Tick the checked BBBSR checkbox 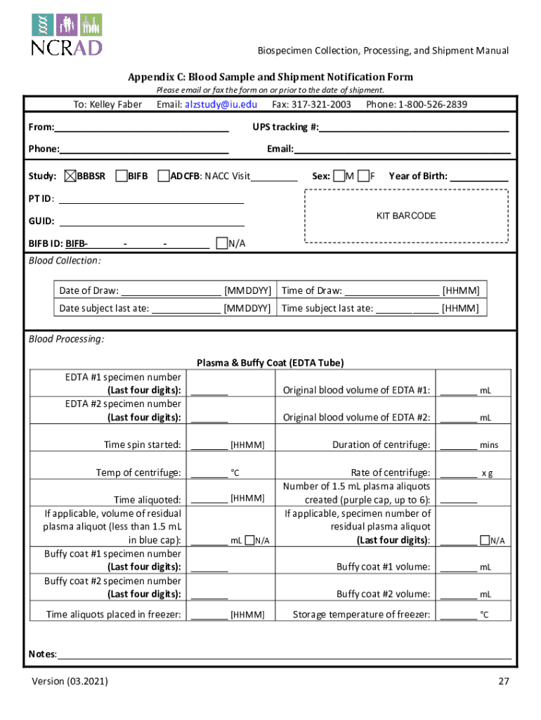70,176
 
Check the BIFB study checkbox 121,176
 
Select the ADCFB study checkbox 164,176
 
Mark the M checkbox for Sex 339,176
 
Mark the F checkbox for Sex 363,176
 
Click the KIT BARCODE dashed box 405,216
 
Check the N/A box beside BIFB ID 222,244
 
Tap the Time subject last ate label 327,309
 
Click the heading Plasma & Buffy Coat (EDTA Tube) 270,363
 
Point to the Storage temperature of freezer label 361,615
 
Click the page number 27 503,681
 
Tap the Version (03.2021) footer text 70,681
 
